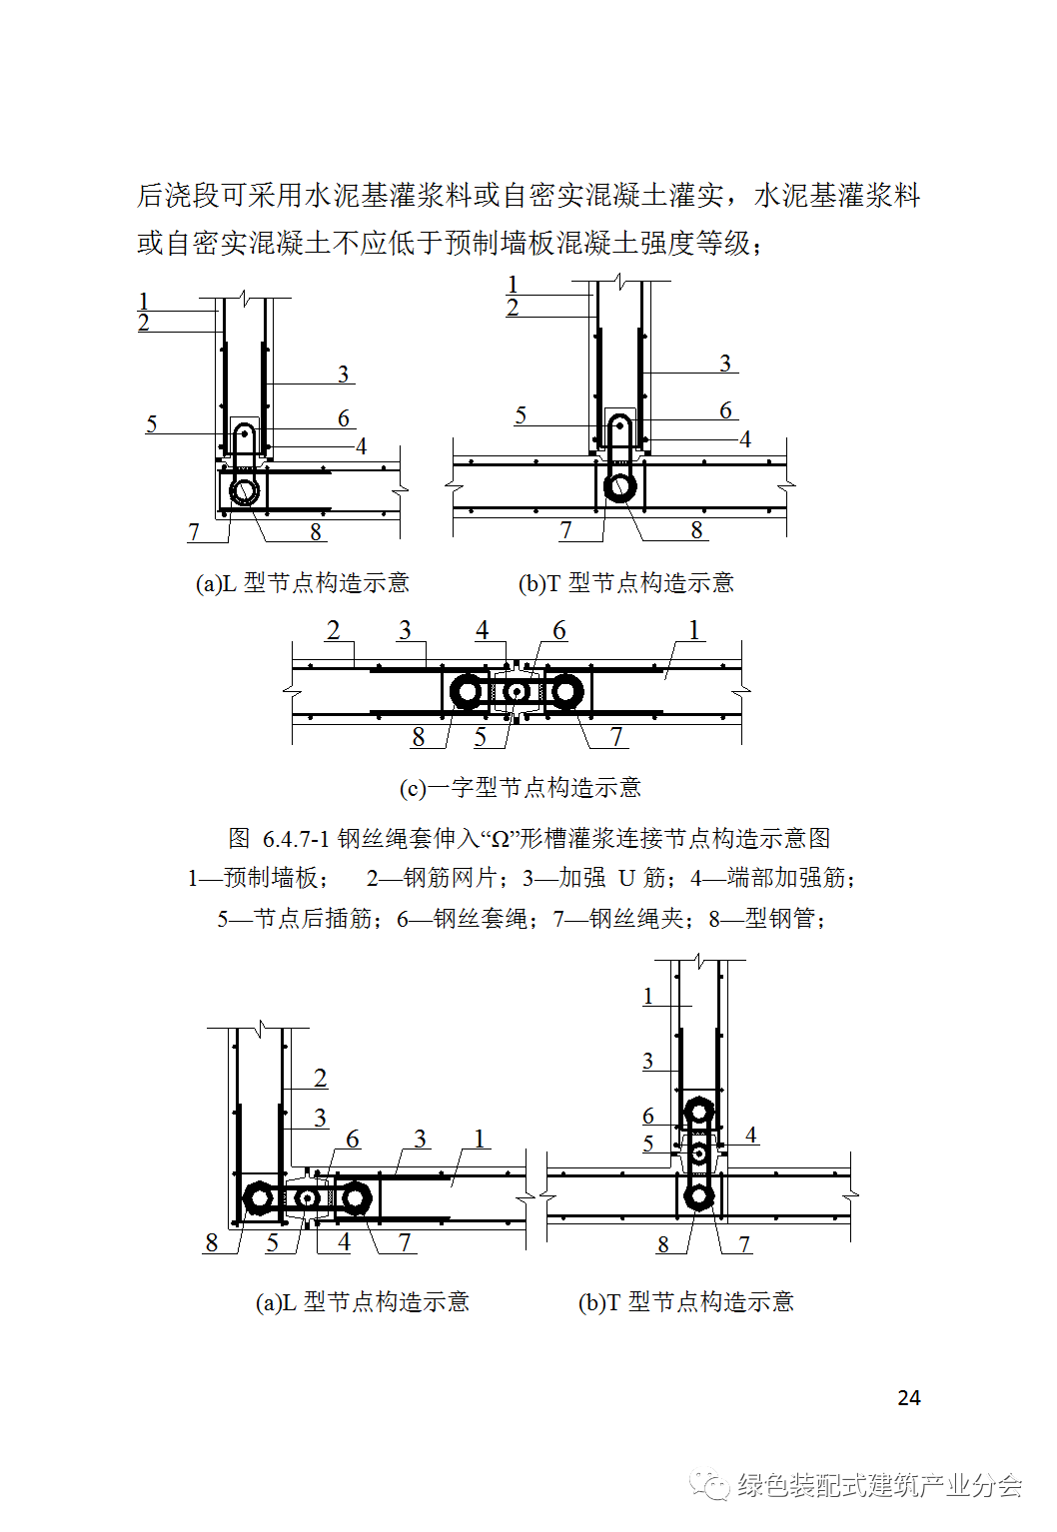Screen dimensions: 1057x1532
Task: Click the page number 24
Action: click(x=908, y=1398)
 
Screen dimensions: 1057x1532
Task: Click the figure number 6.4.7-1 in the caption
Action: click(x=295, y=838)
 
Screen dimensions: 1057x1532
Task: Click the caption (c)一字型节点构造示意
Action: click(x=520, y=788)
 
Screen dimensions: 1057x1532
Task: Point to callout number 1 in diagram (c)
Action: click(x=693, y=630)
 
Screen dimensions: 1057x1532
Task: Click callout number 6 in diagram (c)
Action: click(x=558, y=630)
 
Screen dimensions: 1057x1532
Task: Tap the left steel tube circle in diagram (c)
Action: click(x=467, y=691)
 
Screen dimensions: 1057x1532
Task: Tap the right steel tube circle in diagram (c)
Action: click(x=565, y=691)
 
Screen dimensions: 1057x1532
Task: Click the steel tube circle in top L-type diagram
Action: click(x=245, y=490)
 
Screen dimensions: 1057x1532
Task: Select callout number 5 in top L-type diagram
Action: click(x=151, y=423)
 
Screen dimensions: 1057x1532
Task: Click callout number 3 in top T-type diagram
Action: click(x=725, y=364)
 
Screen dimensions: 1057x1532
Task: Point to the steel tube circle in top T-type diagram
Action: click(x=619, y=486)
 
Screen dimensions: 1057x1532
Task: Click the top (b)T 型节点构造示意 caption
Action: click(x=626, y=583)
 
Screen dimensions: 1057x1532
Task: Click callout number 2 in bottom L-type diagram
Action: click(x=320, y=1079)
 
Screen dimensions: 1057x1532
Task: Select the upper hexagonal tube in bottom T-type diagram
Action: click(x=699, y=1111)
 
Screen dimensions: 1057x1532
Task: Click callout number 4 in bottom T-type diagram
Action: click(x=750, y=1136)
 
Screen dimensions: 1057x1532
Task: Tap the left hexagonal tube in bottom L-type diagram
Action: click(x=260, y=1197)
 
